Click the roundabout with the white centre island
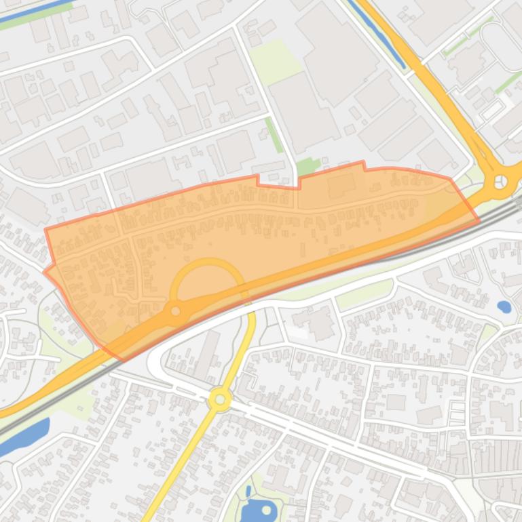(x=501, y=181)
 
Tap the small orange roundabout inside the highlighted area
(x=176, y=311)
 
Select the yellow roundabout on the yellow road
(x=220, y=399)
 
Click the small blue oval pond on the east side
(x=504, y=306)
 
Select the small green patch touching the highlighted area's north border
(x=308, y=166)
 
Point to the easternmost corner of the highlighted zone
(x=479, y=220)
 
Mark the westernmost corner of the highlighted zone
(x=44, y=273)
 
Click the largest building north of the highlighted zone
(x=339, y=58)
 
